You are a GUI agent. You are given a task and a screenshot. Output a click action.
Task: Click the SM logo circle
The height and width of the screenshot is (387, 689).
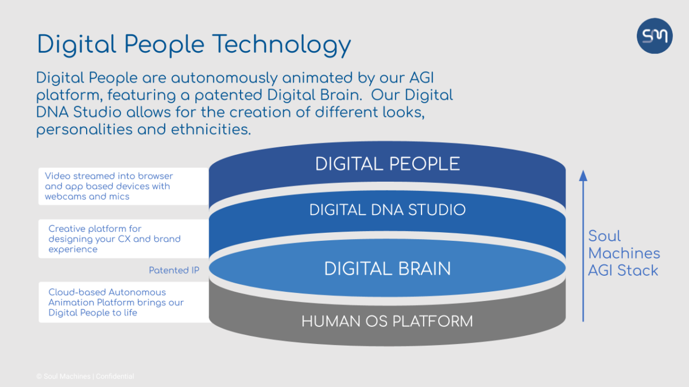pyautogui.click(x=655, y=36)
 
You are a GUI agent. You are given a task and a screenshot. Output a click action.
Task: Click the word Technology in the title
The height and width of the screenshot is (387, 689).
pyautogui.click(x=281, y=45)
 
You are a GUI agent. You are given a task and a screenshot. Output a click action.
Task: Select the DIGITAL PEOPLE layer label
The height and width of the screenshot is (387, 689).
pyautogui.click(x=387, y=164)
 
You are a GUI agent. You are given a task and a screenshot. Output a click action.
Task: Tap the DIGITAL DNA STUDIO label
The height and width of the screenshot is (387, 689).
pyautogui.click(x=387, y=210)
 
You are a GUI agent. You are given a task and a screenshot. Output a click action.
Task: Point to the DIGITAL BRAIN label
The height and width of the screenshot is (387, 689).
pyautogui.click(x=387, y=269)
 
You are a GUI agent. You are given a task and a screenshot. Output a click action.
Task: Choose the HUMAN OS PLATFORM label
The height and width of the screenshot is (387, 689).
pyautogui.click(x=387, y=321)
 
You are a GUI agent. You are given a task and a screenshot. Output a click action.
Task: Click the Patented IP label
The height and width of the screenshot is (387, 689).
pyautogui.click(x=174, y=270)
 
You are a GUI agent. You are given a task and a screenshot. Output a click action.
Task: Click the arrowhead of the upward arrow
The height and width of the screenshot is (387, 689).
pyautogui.click(x=583, y=175)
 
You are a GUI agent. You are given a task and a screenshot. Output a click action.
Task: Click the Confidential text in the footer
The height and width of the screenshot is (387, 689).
pyautogui.click(x=115, y=376)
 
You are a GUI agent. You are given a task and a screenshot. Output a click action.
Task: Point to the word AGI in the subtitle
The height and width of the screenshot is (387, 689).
pyautogui.click(x=421, y=77)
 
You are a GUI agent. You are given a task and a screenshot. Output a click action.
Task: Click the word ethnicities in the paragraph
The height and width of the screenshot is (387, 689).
pyautogui.click(x=211, y=130)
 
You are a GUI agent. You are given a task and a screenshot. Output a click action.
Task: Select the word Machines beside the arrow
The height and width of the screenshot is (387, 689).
pyautogui.click(x=624, y=253)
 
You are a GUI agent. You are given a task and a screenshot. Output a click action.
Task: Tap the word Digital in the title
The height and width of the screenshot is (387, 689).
pyautogui.click(x=76, y=45)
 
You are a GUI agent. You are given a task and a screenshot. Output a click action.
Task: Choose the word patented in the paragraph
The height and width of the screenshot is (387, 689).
pyautogui.click(x=229, y=96)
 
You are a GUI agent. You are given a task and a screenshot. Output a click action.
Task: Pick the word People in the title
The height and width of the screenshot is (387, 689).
pyautogui.click(x=164, y=45)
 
